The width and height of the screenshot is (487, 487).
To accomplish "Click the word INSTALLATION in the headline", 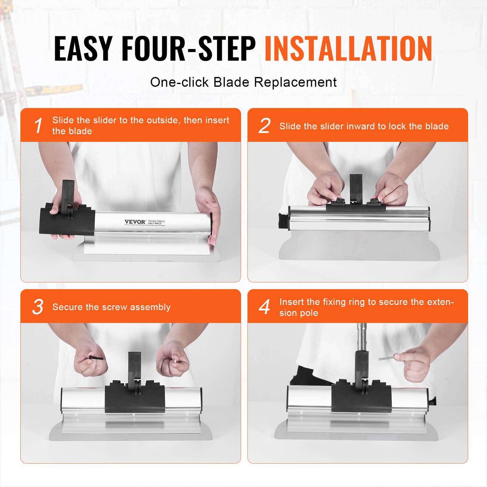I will coord(348,49).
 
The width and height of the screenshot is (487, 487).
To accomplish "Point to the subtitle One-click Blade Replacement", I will coord(243,82).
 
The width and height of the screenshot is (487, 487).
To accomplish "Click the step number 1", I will coord(38,125).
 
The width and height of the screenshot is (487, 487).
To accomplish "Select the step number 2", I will coord(264,125).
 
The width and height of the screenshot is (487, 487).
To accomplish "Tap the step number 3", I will coord(38,307).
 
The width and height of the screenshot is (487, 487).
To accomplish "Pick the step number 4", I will coord(264,307).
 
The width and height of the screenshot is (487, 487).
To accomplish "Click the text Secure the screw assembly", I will coord(111,307).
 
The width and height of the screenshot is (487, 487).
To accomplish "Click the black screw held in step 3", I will coord(96,357).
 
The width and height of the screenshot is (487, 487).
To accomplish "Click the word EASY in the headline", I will coord(83,49).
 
